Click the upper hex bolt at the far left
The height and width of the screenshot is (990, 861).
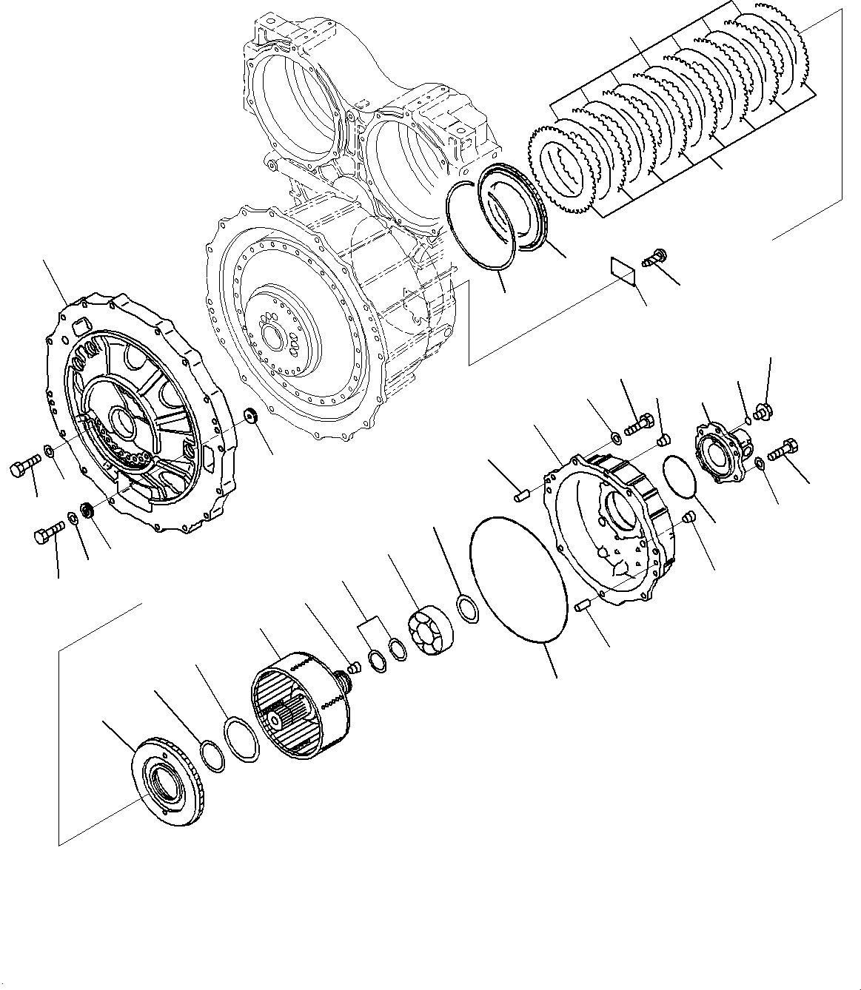tap(23, 468)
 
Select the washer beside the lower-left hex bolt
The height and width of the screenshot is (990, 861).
tap(74, 519)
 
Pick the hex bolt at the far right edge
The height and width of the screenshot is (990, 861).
tap(783, 447)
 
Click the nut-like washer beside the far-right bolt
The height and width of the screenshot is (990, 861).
tap(760, 464)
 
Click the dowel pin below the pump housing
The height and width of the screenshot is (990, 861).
tap(581, 607)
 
